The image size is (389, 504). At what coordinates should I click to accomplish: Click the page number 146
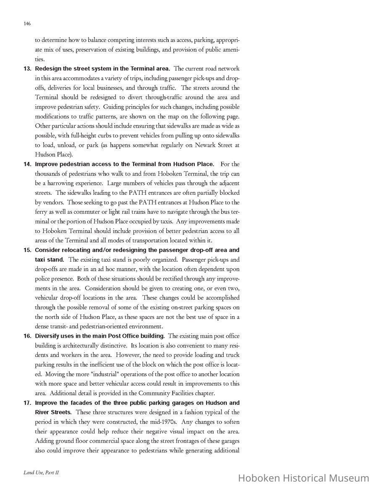coord(27,24)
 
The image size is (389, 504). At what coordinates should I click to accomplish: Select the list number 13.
coord(27,68)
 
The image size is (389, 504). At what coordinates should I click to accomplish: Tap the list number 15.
coord(27,250)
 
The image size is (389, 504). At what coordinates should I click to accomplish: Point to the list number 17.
coord(27,403)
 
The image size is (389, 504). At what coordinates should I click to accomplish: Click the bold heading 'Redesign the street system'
coord(102,68)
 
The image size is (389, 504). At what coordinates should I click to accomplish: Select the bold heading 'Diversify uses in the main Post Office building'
coord(100,336)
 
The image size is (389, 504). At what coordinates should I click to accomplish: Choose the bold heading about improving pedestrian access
coord(124,164)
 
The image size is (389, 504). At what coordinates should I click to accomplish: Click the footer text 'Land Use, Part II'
coord(41,472)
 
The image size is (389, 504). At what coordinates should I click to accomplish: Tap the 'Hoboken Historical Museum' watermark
coord(303,478)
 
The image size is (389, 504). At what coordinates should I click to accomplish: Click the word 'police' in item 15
coord(43,278)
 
